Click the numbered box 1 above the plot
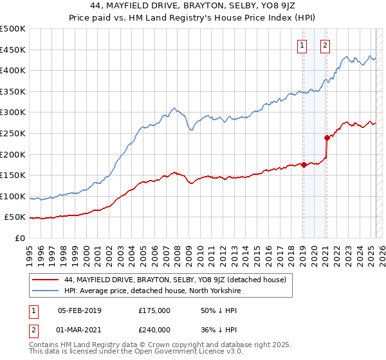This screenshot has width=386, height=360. (302, 45)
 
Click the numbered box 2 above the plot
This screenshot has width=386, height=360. (326, 45)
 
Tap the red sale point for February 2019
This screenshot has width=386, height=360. (304, 165)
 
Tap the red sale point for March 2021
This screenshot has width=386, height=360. (327, 137)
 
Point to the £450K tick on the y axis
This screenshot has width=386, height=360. (13, 50)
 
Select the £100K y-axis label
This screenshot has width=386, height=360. (13, 196)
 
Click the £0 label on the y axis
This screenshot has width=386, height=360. (20, 239)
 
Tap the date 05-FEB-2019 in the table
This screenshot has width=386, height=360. (80, 310)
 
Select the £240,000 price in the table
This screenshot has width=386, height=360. (154, 329)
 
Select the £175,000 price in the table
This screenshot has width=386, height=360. (154, 310)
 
